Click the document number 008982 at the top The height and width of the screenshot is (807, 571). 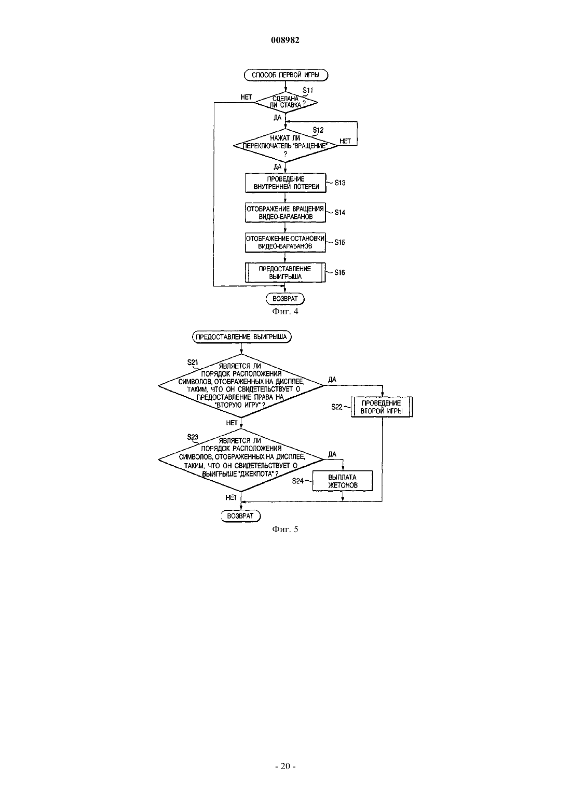pos(285,40)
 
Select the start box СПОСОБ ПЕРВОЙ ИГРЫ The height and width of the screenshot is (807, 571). pos(286,75)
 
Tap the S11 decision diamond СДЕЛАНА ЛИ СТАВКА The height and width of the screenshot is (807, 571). pos(286,103)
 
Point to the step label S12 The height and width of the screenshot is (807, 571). pos(318,130)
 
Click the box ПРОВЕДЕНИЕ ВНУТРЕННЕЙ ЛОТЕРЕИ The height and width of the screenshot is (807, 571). pos(285,183)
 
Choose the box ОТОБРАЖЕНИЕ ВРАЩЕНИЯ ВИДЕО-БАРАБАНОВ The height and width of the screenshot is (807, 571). pos(285,213)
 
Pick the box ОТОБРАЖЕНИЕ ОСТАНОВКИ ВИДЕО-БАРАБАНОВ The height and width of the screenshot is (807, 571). pos(285,242)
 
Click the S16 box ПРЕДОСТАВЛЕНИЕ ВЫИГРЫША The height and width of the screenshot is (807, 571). pos(285,272)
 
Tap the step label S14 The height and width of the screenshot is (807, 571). pos(339,213)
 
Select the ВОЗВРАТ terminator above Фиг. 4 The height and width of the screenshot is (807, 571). pos(285,299)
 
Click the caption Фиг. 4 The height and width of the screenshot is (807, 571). pos(285,311)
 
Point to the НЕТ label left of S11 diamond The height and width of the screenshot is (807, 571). pos(246,98)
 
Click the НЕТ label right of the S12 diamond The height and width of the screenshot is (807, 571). pos(345,141)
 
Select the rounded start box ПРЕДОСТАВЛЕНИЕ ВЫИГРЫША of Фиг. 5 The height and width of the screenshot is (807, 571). pos(241,337)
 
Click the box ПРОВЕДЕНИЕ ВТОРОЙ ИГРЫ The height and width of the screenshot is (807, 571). pos(382,407)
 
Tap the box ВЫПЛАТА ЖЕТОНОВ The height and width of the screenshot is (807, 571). pos(343,481)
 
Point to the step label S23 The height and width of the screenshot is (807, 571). pos(193,437)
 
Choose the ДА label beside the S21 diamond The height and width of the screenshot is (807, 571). pos(332,380)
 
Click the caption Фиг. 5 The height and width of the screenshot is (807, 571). pos(285,529)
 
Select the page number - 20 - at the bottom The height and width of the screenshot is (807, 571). pos(285,767)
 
